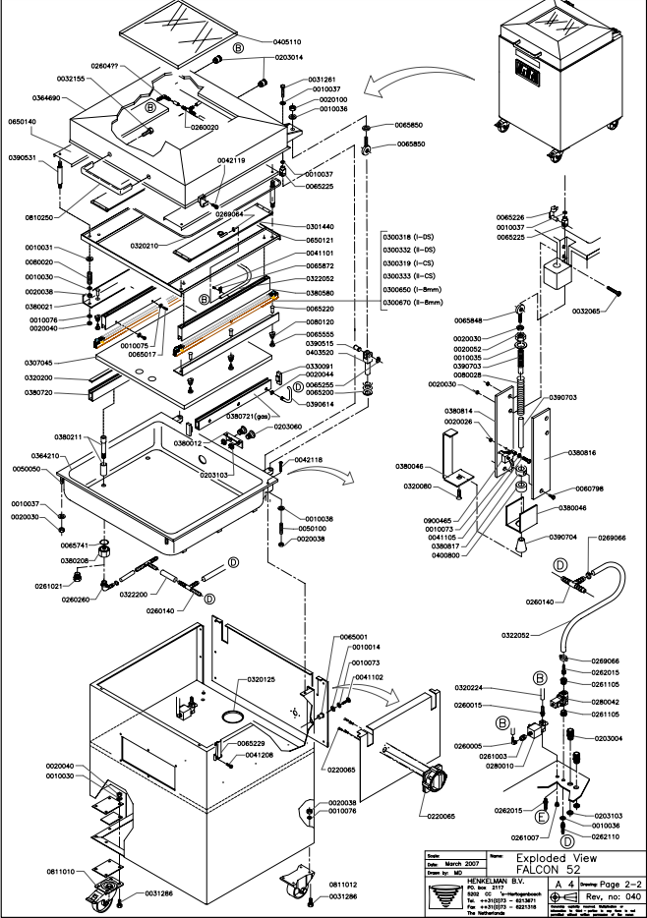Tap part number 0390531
22,158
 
